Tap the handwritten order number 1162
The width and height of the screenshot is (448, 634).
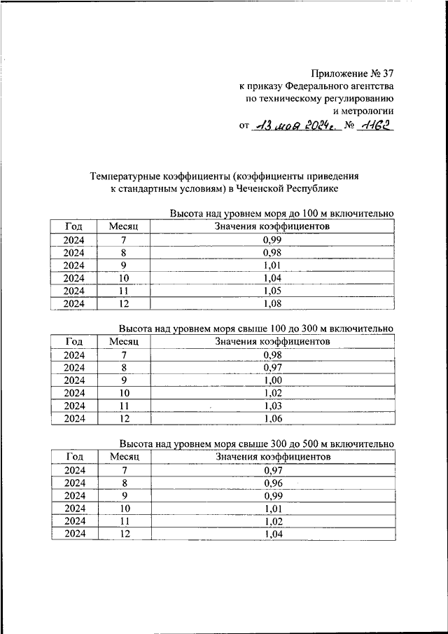point(377,126)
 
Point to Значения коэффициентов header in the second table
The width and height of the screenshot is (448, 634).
point(272,342)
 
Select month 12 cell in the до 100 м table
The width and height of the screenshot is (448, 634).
point(125,303)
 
